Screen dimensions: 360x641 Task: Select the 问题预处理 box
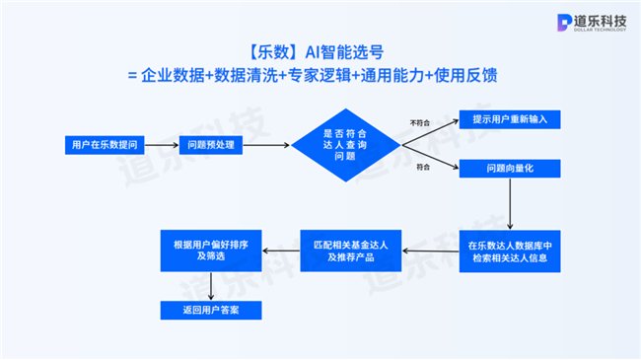pos(209,145)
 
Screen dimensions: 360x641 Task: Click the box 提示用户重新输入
pos(510,119)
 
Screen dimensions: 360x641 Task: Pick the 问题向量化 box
pos(510,169)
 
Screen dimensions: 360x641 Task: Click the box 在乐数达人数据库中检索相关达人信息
pos(509,251)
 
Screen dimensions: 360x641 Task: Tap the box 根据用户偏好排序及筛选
pos(210,251)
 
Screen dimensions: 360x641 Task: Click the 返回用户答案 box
pos(210,310)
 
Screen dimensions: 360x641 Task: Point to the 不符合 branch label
pos(419,122)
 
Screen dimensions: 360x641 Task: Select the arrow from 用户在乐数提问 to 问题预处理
pos(158,145)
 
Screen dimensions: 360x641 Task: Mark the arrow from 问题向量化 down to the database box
pos(509,202)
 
